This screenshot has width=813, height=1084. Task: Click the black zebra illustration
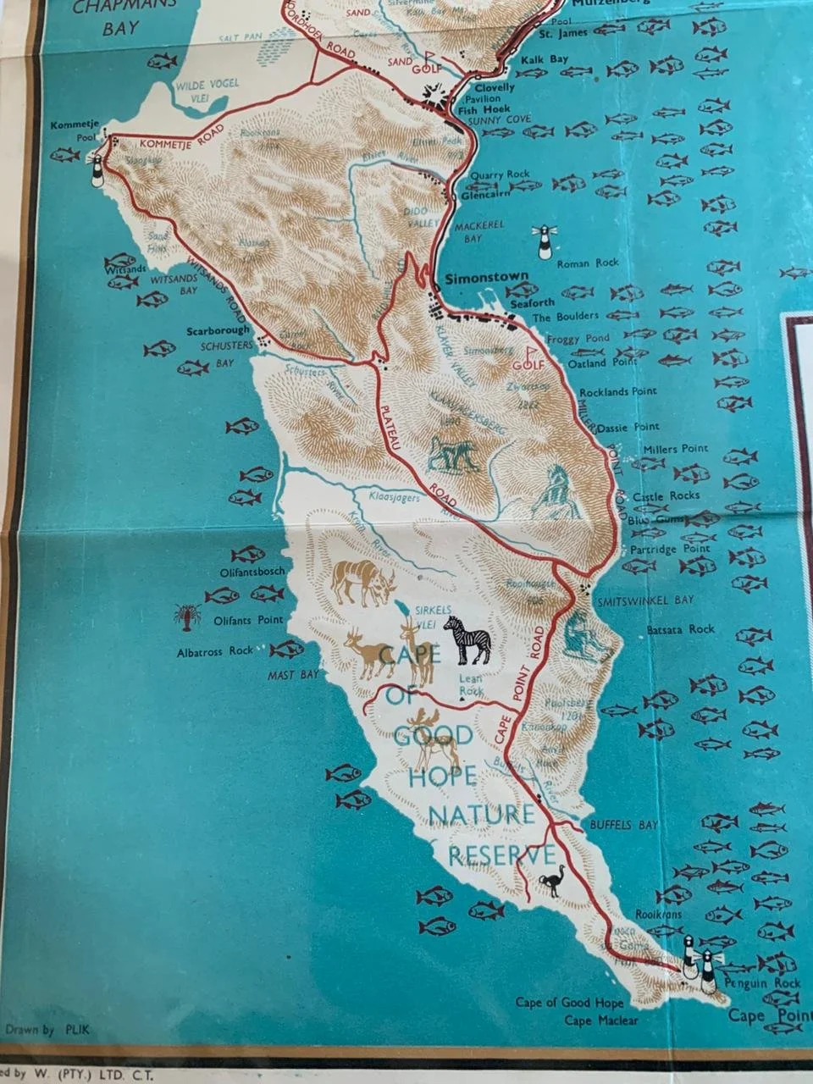(467, 640)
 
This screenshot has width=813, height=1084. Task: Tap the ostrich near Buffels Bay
(553, 882)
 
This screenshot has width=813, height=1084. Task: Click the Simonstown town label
(481, 276)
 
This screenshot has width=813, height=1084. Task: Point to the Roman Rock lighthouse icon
(543, 241)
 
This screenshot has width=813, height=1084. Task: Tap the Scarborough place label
(219, 330)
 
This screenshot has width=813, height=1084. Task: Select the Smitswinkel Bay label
(645, 600)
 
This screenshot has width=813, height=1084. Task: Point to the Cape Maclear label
(601, 1020)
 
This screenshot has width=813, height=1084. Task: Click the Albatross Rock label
(215, 651)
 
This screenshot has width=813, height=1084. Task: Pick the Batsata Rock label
(680, 629)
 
